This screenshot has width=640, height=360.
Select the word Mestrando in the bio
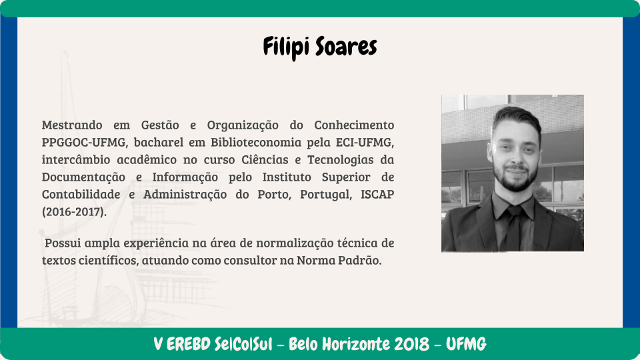tap(72, 125)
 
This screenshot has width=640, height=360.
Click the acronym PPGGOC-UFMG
tap(84, 142)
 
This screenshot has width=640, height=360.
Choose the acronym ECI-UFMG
tap(365, 142)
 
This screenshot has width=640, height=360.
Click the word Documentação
tap(84, 177)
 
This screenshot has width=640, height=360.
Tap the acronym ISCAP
tap(377, 194)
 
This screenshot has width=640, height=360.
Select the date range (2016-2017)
tap(74, 212)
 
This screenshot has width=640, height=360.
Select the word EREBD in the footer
tap(189, 345)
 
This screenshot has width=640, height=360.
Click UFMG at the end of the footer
tap(466, 345)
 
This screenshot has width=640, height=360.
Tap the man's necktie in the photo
tap(513, 228)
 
